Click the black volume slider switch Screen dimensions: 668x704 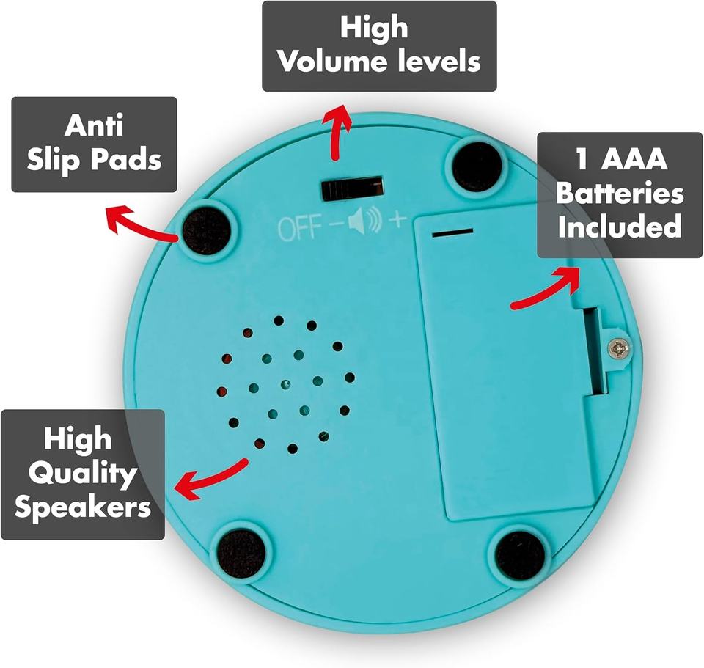pos(353,188)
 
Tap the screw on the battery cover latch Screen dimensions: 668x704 pos(620,348)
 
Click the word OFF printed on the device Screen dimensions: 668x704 pos(299,228)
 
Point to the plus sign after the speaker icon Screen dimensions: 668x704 pos(396,219)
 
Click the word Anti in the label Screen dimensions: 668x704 pos(94,125)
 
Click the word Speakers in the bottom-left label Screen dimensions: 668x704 pos(83,507)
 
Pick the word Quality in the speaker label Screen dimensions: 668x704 pos(83,473)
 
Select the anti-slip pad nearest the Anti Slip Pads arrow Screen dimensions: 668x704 pos(207,230)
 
